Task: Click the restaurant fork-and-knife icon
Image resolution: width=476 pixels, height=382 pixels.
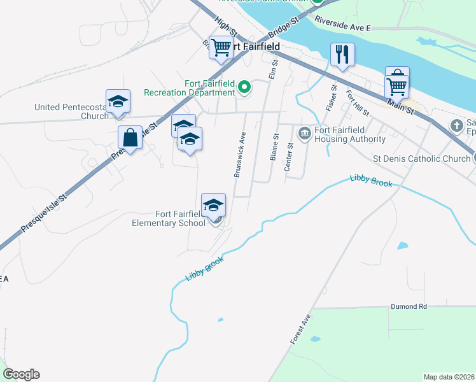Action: tap(342, 55)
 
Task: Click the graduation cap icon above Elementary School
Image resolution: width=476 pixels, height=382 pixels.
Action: tap(214, 205)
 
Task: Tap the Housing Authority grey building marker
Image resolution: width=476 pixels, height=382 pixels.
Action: tap(304, 133)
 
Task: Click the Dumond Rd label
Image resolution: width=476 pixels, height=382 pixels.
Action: tap(409, 306)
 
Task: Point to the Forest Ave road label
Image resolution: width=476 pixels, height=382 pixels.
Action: tap(302, 329)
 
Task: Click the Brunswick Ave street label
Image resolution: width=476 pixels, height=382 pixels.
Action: tap(240, 155)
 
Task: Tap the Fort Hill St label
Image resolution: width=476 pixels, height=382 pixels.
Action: tap(357, 103)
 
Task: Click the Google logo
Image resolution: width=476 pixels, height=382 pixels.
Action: tap(21, 374)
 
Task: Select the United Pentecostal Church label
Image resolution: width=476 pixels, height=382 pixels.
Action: tap(71, 111)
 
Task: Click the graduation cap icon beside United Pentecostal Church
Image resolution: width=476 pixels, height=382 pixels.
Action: tap(118, 102)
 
